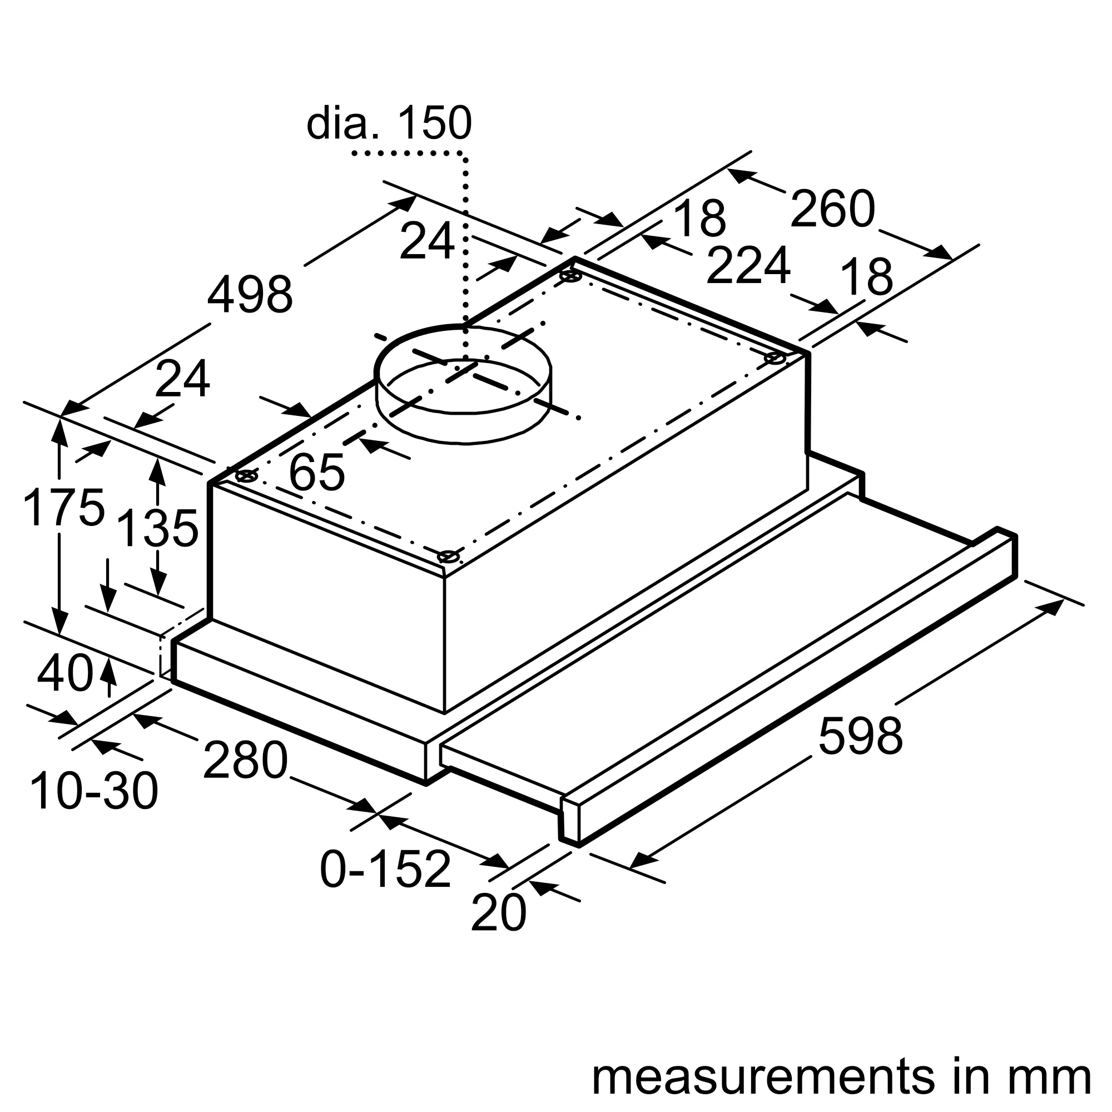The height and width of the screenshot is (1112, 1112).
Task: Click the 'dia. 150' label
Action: (x=389, y=122)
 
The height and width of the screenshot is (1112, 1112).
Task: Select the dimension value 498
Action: (x=250, y=295)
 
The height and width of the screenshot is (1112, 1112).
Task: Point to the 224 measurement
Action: (x=748, y=266)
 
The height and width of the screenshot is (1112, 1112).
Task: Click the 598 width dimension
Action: (x=861, y=736)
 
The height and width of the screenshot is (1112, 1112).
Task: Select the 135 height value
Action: (x=157, y=528)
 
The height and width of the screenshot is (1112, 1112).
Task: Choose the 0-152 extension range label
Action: (x=385, y=869)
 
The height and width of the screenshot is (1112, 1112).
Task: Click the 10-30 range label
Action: (x=94, y=792)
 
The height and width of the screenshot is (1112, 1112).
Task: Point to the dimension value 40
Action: (x=64, y=674)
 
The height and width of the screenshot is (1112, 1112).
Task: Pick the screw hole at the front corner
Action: (x=448, y=557)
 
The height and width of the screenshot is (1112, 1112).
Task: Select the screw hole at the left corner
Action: (x=246, y=475)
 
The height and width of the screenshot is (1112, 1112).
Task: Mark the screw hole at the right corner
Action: (x=775, y=359)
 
